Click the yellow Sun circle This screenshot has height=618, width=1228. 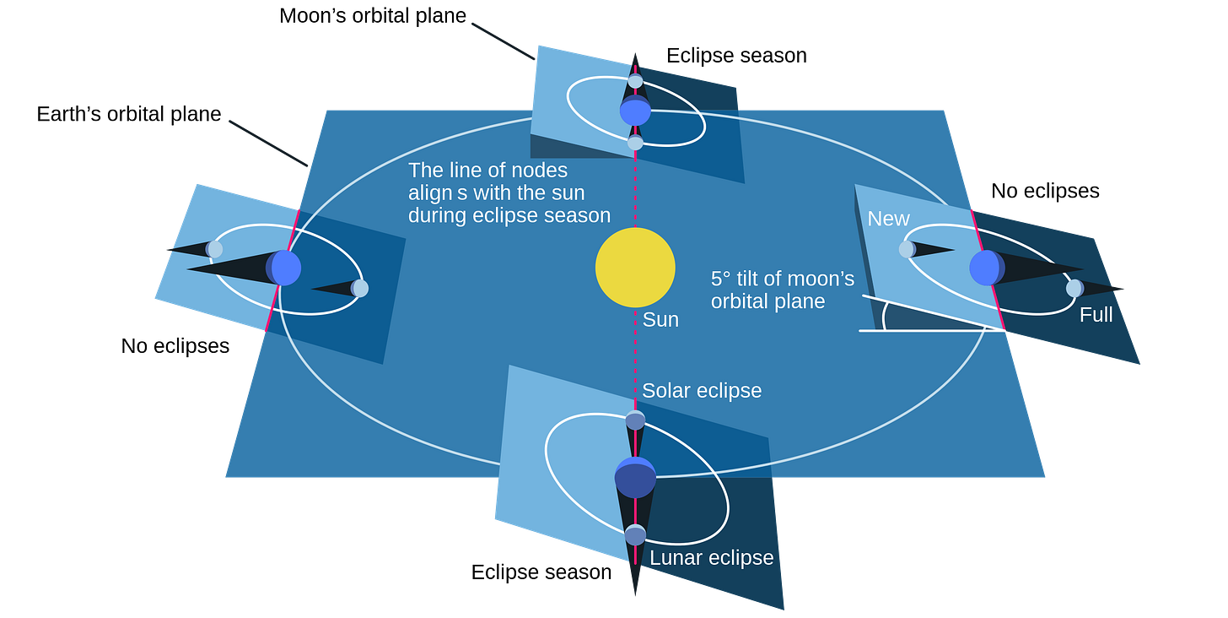coord(635,268)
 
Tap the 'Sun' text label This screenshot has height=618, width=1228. coord(660,320)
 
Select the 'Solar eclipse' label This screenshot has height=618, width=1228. coord(702,391)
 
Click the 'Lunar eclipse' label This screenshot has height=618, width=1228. coord(711,558)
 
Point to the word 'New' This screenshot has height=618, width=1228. coord(889,219)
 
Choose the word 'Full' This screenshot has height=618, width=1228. coord(1096,315)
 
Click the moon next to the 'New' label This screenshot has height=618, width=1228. coord(907,249)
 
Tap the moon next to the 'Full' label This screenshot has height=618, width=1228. coord(1074,288)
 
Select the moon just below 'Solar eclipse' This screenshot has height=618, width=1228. coord(635,420)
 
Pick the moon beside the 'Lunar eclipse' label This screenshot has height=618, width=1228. coord(635,534)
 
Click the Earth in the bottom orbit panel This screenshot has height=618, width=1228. coord(635,477)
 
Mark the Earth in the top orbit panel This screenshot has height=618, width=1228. coord(635,111)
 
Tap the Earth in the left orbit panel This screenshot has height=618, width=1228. coord(285,268)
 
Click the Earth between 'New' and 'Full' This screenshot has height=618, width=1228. coord(986,268)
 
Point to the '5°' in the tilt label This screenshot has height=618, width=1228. coord(723,279)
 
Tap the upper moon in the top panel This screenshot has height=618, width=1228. coord(635,81)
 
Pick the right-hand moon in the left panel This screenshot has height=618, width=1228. coord(360,288)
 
